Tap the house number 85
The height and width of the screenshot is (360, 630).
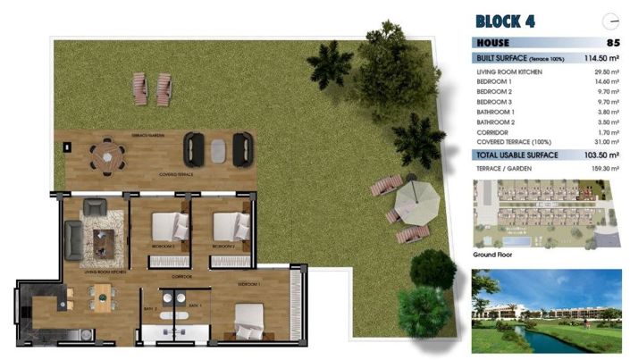pyautogui.click(x=612, y=42)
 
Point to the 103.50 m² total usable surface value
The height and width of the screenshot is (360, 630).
pyautogui.click(x=601, y=155)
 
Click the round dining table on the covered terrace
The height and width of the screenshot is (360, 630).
pyautogui.click(x=106, y=155)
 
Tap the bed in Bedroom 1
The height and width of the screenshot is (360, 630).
pyautogui.click(x=248, y=316)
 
